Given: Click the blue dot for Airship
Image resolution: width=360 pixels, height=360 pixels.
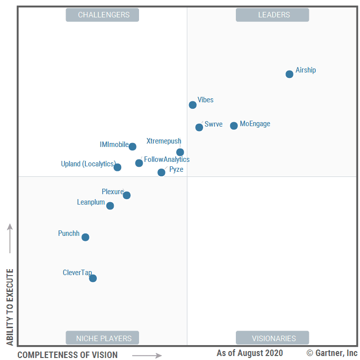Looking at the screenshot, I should click(289, 74).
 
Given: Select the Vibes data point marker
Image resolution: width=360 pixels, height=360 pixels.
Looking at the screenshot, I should click(193, 105).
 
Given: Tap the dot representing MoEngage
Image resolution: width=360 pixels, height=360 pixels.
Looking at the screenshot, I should click(234, 126).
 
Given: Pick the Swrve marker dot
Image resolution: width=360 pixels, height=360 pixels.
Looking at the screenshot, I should click(199, 127).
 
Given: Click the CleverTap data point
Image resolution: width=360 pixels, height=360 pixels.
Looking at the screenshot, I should click(93, 278).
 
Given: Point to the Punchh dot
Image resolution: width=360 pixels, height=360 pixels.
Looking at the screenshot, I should click(85, 237).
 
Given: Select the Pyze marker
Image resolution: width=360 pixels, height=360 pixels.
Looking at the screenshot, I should click(161, 172).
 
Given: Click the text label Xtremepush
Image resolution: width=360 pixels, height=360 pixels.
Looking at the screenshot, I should click(164, 141).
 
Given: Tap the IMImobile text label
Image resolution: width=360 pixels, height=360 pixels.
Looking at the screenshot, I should click(114, 144).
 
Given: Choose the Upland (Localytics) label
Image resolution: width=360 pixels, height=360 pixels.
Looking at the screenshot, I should click(88, 164).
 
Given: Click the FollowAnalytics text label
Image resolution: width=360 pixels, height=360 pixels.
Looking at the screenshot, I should click(167, 159).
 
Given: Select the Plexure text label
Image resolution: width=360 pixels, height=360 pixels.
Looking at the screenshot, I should click(113, 192).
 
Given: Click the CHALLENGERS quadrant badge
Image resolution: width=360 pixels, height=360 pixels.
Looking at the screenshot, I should click(102, 15).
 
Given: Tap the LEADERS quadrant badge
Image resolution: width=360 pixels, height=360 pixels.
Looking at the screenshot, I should click(272, 15).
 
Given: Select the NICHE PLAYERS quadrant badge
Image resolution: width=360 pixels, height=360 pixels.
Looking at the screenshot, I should click(102, 338).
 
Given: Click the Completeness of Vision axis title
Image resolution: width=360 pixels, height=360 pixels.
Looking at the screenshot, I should click(68, 355).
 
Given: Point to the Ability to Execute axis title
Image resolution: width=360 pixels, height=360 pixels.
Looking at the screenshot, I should click(9, 307).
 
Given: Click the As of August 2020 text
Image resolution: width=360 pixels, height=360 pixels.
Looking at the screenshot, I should click(249, 353).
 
